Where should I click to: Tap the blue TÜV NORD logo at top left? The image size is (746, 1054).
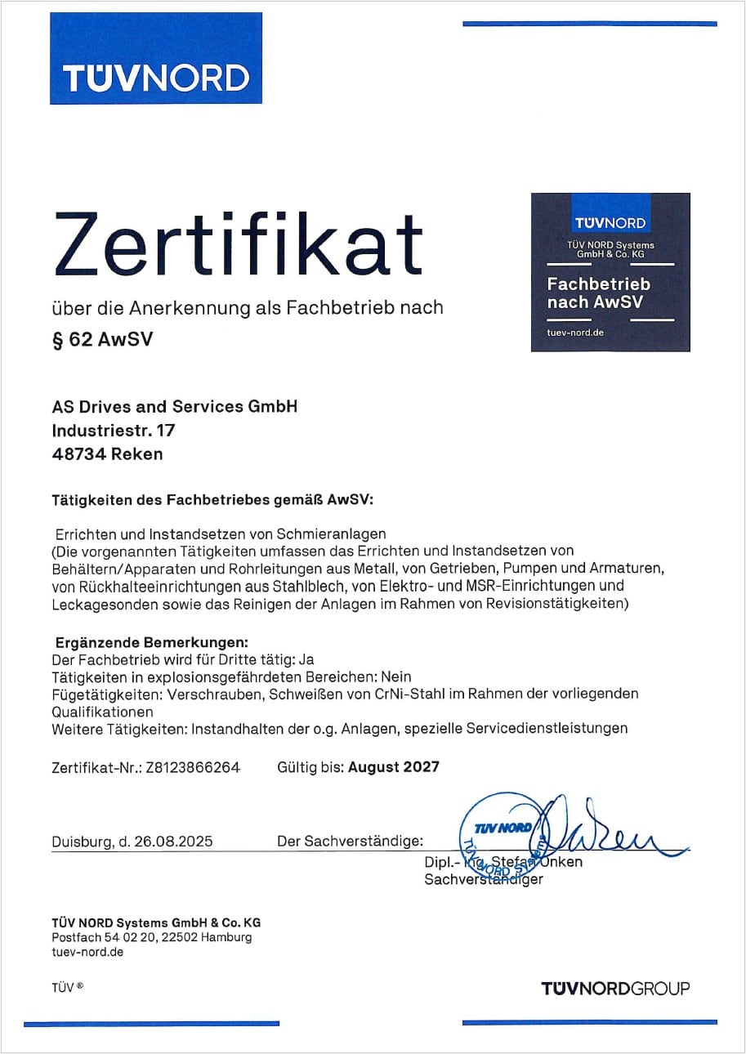(x=155, y=59)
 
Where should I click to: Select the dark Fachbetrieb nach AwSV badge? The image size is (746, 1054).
(x=610, y=272)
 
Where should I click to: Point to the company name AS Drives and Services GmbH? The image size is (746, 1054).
(x=174, y=406)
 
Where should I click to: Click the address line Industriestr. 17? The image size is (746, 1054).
(x=113, y=430)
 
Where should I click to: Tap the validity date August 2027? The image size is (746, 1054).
(x=394, y=766)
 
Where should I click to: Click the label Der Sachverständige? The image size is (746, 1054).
(x=351, y=841)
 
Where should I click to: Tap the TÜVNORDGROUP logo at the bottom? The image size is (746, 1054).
(x=615, y=989)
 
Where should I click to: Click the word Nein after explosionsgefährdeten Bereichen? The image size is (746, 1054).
(x=395, y=677)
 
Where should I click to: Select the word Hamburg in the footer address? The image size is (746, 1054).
(x=226, y=937)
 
